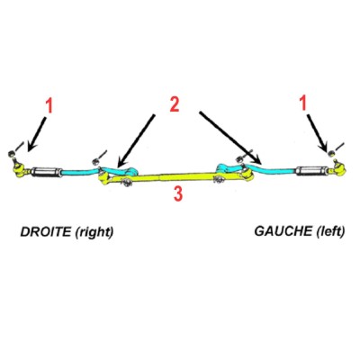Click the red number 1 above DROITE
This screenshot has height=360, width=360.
pos(49,106)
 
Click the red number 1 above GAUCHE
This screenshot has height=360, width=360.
pos(303,103)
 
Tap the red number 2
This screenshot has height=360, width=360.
pos(175,104)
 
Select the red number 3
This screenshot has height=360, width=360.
pos(178,194)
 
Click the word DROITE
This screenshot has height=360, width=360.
pos(46,232)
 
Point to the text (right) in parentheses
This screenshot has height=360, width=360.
pos(94,232)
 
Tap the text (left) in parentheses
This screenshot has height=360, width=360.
pos(330,231)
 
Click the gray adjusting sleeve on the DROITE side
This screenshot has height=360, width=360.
pos(47,172)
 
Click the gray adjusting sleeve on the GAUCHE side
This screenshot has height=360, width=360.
pos(311,171)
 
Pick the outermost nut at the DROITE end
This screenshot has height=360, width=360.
pos(12,154)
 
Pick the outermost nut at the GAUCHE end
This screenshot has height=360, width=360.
pos(331,153)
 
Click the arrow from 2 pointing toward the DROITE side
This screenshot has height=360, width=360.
pos(136,140)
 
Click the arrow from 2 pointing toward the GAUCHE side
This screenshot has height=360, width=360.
pos(231,138)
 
